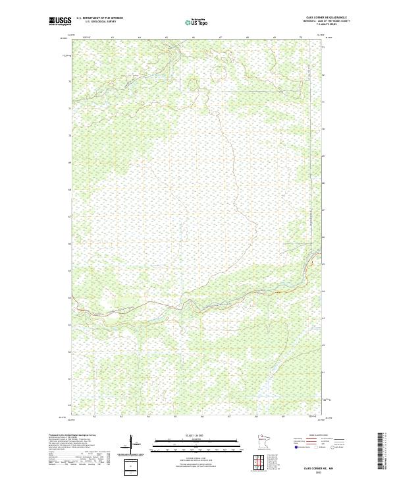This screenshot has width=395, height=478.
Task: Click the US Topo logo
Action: coord(198,21)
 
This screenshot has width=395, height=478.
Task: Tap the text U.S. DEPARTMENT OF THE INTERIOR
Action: coord(99,18)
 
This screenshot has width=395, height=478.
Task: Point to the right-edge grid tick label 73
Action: coord(323,48)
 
